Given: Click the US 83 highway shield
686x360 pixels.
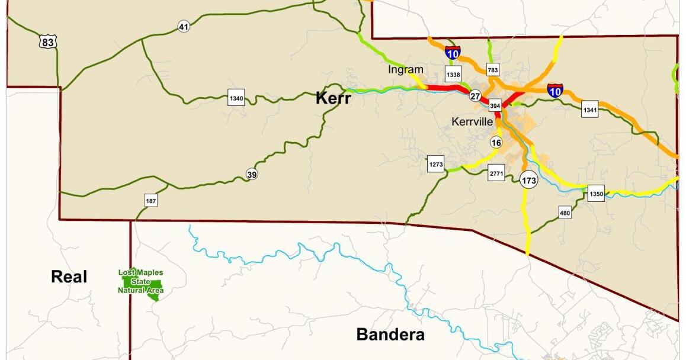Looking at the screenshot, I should (x=49, y=41).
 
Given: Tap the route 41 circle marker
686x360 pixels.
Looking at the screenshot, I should (x=184, y=27).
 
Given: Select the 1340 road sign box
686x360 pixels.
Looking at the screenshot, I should (x=236, y=98).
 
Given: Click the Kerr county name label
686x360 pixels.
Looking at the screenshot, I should (x=334, y=98).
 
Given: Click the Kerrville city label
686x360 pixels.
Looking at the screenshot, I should (x=472, y=121).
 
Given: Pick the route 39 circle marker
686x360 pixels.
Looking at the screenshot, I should (x=252, y=173).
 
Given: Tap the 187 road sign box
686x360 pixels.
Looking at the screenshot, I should (x=151, y=201).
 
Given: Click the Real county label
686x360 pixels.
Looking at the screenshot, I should (x=69, y=277).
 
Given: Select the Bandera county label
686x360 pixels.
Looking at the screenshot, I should (x=390, y=335).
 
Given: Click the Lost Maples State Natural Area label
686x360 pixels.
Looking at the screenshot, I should (x=141, y=282).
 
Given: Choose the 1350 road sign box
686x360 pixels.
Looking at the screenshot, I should (x=596, y=194).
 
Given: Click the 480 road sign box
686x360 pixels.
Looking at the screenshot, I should (x=565, y=213).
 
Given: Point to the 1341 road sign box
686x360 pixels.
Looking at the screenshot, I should (x=589, y=110).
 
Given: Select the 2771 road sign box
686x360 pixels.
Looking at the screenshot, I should (x=496, y=173).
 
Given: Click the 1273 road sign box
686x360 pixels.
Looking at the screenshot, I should (x=435, y=164).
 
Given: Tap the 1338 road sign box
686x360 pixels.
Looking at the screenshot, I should (x=453, y=74).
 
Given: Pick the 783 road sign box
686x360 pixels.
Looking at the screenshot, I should (x=493, y=70).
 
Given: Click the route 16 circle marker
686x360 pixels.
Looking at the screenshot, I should (x=496, y=143).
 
